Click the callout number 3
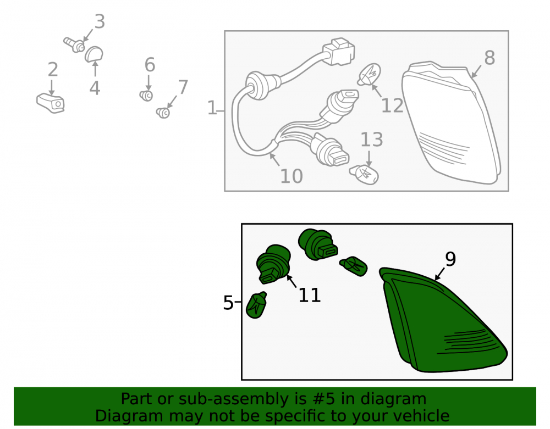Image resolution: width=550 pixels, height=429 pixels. coord(100,22)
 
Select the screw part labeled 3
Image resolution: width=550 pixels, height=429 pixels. coord(74,45)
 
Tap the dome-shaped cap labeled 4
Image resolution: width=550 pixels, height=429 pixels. coord(94,54)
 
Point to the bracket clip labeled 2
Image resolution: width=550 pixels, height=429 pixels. coord(51,103)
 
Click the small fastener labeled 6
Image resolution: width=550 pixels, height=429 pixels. coord(146,95)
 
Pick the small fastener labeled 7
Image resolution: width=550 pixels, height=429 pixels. coord(163,113)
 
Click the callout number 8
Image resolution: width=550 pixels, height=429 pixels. coord(490,58)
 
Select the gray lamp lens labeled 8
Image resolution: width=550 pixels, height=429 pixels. coord(452,122)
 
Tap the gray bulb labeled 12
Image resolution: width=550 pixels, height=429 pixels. coord(370,74)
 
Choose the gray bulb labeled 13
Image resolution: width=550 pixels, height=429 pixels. coord(364,175)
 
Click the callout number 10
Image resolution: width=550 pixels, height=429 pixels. coord(291,176)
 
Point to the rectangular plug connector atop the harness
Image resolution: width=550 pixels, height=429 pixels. coord(339,52)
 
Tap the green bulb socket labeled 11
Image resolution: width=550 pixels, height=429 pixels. coord(273,264)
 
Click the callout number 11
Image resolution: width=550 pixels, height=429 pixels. coord(309,295)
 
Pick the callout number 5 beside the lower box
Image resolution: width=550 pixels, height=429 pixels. coord(228,303)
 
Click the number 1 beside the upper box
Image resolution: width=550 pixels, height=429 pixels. coord(212,108)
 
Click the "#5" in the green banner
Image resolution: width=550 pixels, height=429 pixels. coord(323,399)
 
